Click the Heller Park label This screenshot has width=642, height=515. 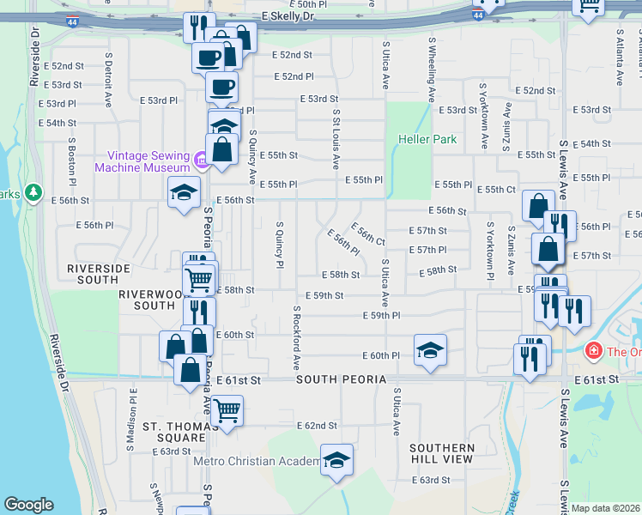[427, 139]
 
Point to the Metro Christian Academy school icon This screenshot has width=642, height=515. [337, 461]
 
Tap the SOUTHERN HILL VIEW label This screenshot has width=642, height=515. [441, 454]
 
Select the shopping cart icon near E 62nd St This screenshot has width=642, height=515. [227, 411]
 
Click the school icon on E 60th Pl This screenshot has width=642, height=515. [430, 350]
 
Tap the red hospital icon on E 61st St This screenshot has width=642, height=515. [592, 351]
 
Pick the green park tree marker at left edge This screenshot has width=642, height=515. [33, 193]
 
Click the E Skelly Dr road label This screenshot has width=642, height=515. [288, 16]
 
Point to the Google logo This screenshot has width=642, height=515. [28, 505]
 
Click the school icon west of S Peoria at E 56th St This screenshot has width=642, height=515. [184, 194]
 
